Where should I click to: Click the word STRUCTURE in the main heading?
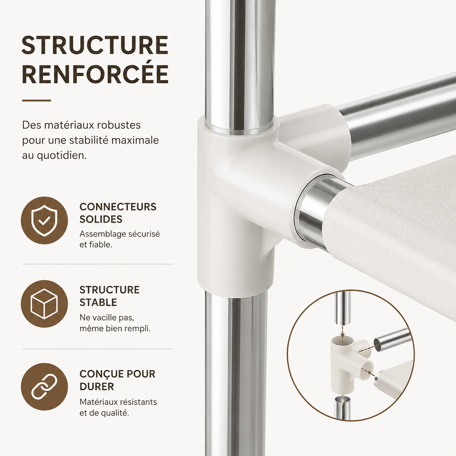[95, 45]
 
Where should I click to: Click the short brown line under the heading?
[37, 101]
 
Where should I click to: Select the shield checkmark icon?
[44, 221]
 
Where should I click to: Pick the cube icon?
[44, 304]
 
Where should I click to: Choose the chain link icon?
[44, 387]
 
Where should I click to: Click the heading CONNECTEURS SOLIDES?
[118, 213]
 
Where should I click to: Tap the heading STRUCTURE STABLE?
[109, 296]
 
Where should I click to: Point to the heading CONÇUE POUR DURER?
[117, 380]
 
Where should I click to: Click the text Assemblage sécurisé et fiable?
[120, 239]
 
